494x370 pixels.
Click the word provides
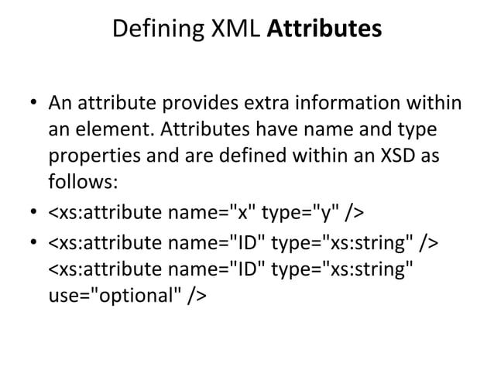(x=195, y=103)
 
